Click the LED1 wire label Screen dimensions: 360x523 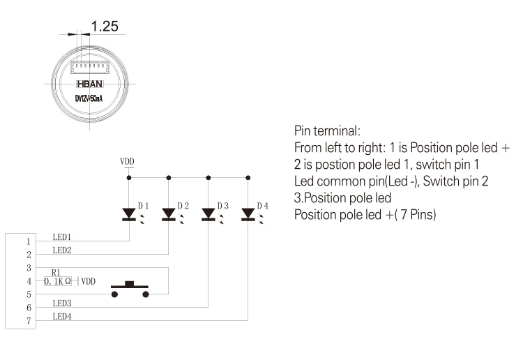click(x=63, y=237)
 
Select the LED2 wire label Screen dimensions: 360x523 click(x=63, y=250)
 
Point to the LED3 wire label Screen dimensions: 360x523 click(x=63, y=303)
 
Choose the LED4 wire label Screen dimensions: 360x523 click(x=63, y=317)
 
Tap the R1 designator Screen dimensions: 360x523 click(x=56, y=273)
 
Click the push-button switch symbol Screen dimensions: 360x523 click(x=130, y=289)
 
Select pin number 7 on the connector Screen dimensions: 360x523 click(x=29, y=321)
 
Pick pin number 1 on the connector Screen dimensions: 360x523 click(x=29, y=241)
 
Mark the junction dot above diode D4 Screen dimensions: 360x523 click(x=248, y=178)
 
